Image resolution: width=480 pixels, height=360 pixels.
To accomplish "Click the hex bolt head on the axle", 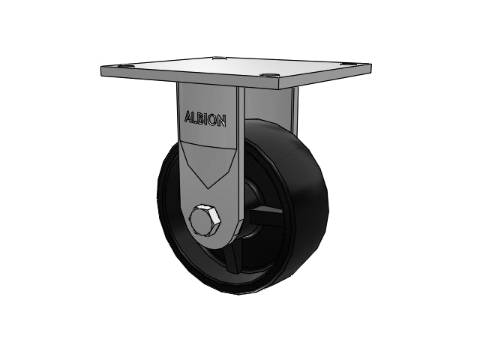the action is pyautogui.click(x=205, y=220).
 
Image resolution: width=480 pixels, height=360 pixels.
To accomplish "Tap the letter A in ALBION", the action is pyautogui.click(x=189, y=117).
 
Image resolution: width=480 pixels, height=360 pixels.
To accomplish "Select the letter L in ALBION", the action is pyautogui.click(x=196, y=118).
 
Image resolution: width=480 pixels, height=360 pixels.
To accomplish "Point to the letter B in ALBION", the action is pyautogui.click(x=202, y=118).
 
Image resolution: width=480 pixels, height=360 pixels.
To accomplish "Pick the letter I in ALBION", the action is pyautogui.click(x=208, y=119).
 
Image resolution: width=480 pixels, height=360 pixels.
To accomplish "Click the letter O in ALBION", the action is pyautogui.click(x=213, y=120).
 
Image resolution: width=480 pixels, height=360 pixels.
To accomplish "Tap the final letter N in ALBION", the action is pyautogui.click(x=222, y=121).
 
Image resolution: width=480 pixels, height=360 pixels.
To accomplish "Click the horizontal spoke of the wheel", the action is pyautogui.click(x=265, y=216).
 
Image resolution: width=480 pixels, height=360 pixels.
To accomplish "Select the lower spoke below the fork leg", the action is pyautogui.click(x=232, y=258).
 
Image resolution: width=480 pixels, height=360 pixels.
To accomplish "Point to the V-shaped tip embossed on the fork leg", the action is pyautogui.click(x=208, y=187).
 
